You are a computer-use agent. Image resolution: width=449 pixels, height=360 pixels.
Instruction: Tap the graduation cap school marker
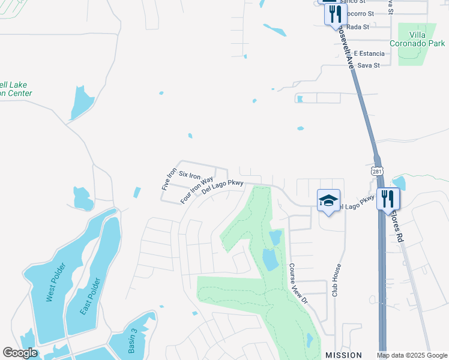(328, 201)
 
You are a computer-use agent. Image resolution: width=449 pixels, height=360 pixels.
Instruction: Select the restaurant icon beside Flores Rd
(388, 198)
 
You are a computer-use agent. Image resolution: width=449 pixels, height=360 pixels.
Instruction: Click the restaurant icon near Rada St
(336, 14)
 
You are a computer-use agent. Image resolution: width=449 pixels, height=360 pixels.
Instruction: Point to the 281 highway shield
(376, 171)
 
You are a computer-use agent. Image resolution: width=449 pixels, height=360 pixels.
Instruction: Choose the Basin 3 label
(133, 340)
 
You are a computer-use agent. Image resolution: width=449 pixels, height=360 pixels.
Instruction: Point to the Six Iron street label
(190, 175)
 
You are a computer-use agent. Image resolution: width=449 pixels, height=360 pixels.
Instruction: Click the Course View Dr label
(297, 283)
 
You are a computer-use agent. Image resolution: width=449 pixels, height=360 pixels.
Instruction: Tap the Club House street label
(337, 280)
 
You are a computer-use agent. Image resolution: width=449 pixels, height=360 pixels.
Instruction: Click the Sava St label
(369, 65)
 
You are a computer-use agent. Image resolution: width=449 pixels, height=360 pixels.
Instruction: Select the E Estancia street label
(368, 53)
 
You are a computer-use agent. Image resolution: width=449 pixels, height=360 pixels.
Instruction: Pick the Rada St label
(357, 26)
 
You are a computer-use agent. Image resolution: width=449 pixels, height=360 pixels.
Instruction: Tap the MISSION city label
(344, 355)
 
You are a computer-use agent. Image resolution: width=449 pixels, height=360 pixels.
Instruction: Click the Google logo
(20, 353)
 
